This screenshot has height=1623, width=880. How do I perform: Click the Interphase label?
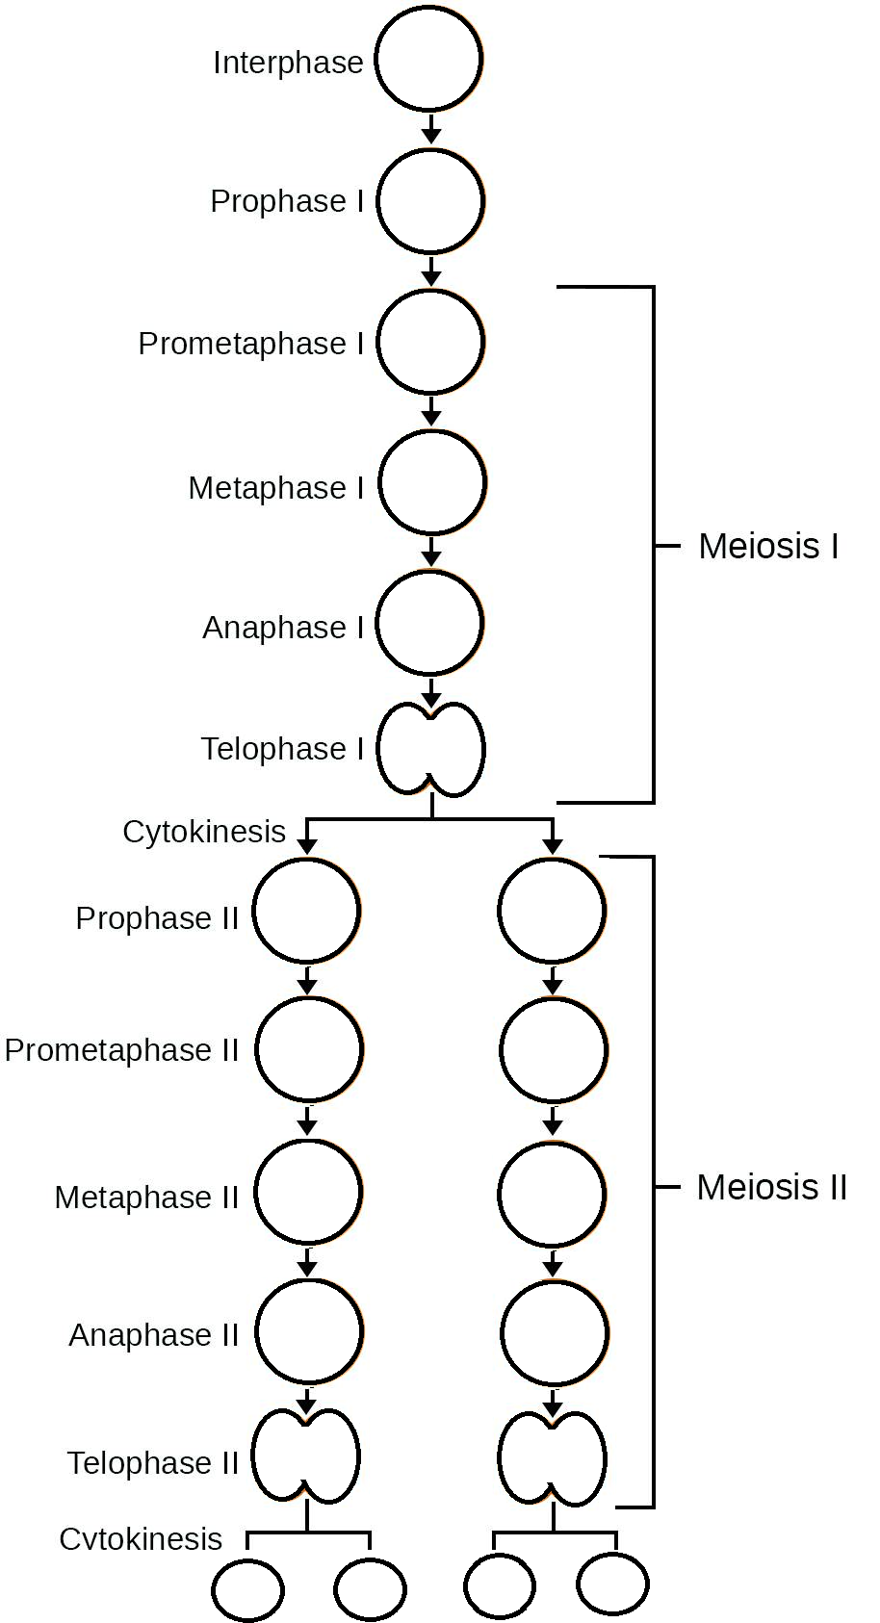288,64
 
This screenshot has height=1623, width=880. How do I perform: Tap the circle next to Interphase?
428,59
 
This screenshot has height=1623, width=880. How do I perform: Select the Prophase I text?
287,202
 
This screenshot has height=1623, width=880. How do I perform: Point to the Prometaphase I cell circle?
429,342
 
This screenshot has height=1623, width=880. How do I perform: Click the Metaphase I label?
276,489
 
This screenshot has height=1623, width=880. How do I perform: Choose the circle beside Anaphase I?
429,622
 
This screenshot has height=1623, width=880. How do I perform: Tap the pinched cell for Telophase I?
430,749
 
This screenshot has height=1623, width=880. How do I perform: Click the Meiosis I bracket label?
768,547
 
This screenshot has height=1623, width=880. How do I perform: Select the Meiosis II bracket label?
771,1188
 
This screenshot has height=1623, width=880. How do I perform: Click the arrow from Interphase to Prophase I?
430,129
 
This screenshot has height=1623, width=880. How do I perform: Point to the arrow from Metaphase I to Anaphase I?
430,553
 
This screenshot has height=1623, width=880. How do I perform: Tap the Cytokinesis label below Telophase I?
204,832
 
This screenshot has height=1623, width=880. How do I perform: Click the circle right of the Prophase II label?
307,911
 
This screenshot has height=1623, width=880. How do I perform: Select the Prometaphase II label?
121,1050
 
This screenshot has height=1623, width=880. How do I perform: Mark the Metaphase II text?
146,1198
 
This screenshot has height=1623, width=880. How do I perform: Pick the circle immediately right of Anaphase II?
309,1332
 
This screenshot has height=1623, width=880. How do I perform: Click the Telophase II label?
153,1463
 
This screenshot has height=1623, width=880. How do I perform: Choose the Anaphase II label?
154,1335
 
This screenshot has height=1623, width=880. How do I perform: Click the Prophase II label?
157,918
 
